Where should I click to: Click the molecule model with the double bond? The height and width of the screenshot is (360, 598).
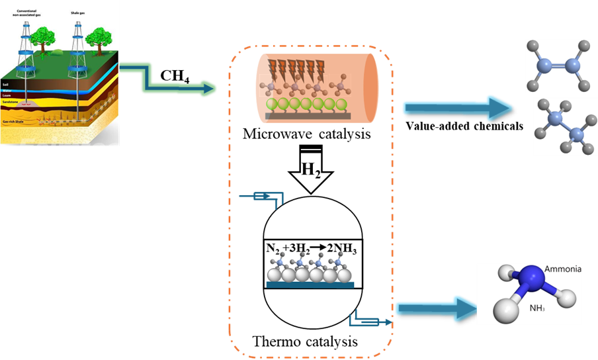(x=558, y=66)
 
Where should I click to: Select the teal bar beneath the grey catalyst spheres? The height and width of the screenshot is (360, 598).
(x=310, y=285)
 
